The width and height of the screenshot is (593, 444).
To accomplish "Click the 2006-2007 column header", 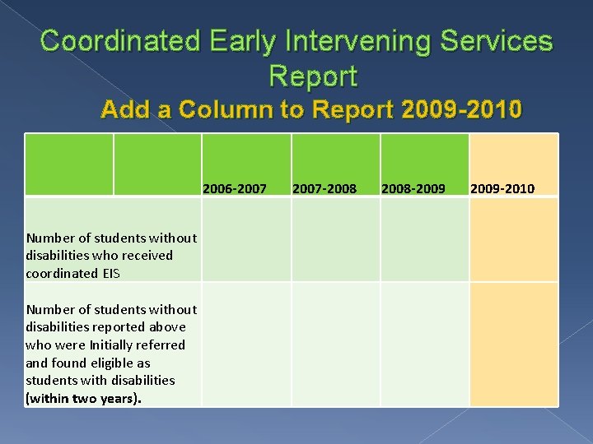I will point(235,189).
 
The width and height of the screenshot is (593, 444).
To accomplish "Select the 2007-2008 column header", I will point(325,189).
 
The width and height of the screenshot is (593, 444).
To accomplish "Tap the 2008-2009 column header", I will point(413,189).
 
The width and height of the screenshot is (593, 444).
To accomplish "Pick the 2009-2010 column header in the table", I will point(502,189).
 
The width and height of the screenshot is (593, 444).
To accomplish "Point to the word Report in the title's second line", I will point(313,76).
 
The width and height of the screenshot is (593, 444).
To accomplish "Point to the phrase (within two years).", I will point(84,398).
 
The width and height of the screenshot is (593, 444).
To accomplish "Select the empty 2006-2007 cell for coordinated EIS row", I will point(246,239).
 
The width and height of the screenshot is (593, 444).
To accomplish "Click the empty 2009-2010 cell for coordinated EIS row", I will point(514,239).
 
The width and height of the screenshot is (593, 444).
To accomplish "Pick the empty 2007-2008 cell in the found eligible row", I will point(335,344).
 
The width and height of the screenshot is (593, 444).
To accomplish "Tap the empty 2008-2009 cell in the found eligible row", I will point(424,344).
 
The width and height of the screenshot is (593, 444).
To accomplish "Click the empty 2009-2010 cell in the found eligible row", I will point(514,344).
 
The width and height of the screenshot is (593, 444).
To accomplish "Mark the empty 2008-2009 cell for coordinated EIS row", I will point(424,239).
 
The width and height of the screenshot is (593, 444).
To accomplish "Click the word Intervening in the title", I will point(312,42).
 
